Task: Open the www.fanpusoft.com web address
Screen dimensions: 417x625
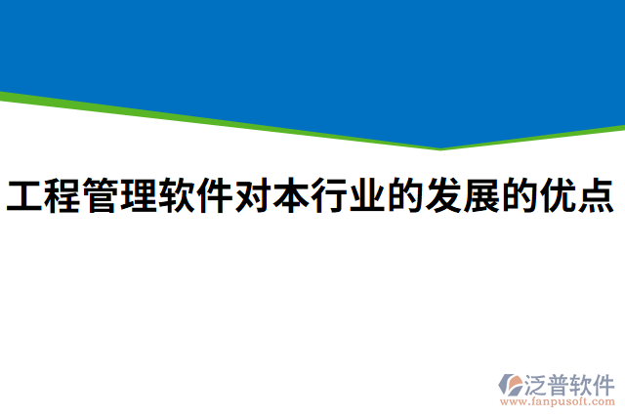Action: click(x=558, y=401)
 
